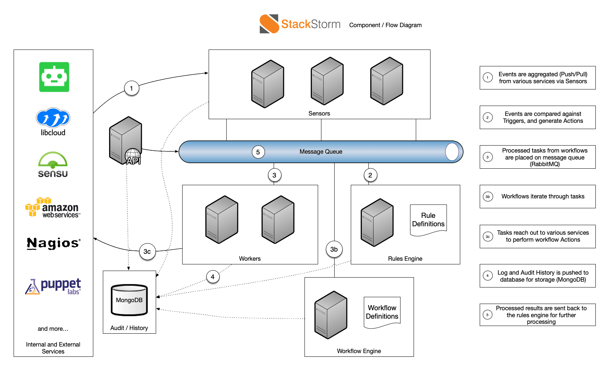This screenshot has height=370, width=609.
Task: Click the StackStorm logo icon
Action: tap(269, 24)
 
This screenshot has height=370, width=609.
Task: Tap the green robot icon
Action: tap(54, 77)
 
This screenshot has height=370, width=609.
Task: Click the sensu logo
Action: tap(53, 165)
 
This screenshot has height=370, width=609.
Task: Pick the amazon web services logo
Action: tap(53, 208)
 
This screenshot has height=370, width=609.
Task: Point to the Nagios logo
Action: tap(54, 243)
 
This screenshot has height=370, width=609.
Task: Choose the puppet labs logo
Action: tap(53, 286)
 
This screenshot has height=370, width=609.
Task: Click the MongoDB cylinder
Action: tap(129, 300)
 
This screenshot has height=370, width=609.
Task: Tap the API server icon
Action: tap(126, 140)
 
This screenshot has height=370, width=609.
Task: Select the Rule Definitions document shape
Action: tap(428, 220)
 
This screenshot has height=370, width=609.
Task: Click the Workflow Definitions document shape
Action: tap(382, 312)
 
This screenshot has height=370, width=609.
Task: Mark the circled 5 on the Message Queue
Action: tap(258, 152)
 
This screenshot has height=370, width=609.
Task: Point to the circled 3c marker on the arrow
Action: tap(147, 252)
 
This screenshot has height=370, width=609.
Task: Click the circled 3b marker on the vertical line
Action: tap(334, 249)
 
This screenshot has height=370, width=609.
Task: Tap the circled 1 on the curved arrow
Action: tap(131, 88)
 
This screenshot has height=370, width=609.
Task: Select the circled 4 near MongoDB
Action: tap(213, 277)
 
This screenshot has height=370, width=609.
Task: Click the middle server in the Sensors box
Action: tap(327, 81)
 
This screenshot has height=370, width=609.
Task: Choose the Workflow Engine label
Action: tap(359, 351)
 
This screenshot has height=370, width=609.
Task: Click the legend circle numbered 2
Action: tap(487, 117)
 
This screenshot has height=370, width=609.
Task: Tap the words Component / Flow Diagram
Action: tap(385, 25)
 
